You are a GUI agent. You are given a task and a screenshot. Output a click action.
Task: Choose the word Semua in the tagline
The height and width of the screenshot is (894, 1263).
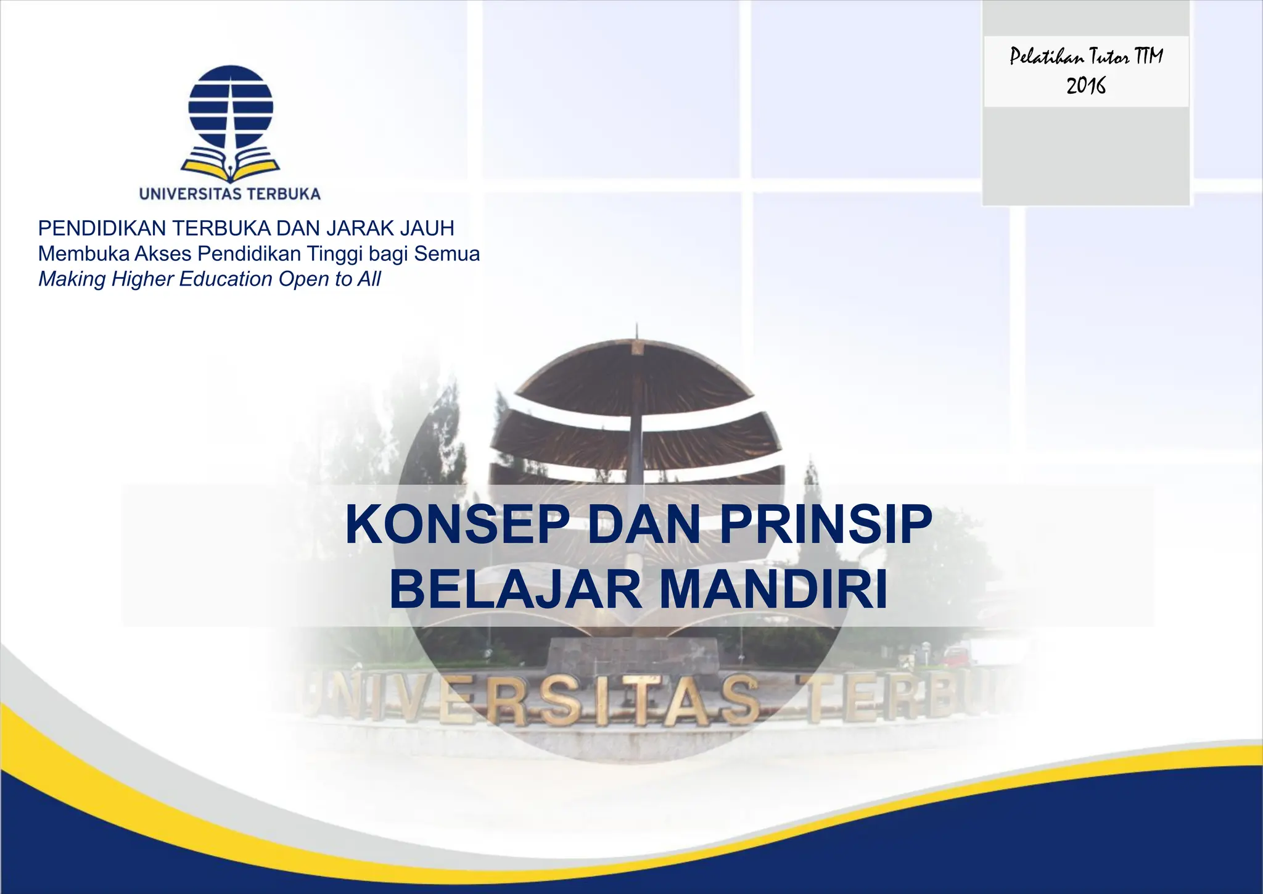point(446,254)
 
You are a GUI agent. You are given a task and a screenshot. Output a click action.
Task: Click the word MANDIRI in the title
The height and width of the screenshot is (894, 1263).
point(773,590)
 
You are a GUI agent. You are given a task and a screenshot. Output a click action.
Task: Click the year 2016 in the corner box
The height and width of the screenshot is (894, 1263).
point(1086,86)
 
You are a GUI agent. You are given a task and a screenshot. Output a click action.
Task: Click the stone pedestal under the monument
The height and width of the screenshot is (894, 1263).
point(633,655)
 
